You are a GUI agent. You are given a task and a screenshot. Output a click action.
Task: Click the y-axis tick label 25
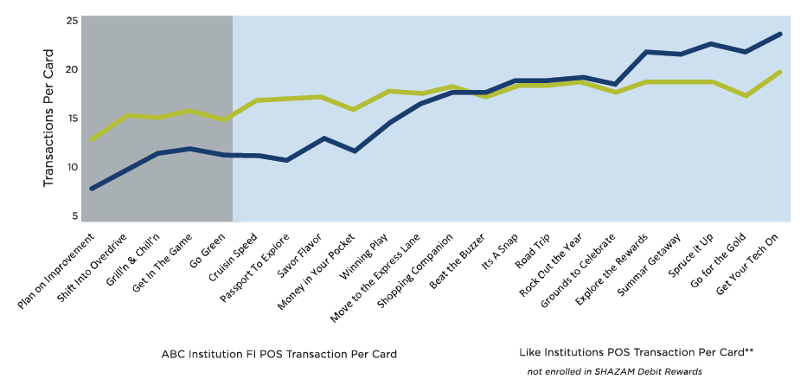[x=72, y=21]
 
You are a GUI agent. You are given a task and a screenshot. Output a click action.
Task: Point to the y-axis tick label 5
[x=75, y=216]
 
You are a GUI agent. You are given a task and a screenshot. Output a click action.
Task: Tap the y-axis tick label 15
[x=72, y=119]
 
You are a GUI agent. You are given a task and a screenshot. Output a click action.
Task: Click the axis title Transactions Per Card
[x=48, y=119]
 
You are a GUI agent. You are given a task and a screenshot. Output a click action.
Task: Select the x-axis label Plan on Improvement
[x=56, y=271]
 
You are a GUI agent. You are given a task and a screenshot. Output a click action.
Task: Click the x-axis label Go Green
[x=208, y=250]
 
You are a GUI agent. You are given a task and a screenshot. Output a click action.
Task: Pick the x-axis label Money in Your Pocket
[x=317, y=272]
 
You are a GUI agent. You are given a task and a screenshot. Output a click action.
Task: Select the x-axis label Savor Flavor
[x=299, y=254]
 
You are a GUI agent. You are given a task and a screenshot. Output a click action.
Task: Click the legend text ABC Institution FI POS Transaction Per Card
[x=279, y=355]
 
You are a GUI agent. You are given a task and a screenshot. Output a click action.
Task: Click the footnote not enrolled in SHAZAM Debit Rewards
[x=614, y=371]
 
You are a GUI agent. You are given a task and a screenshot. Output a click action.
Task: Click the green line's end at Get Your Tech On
[x=779, y=72]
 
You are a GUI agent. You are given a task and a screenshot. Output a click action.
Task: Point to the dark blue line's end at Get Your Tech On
[x=779, y=34]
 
